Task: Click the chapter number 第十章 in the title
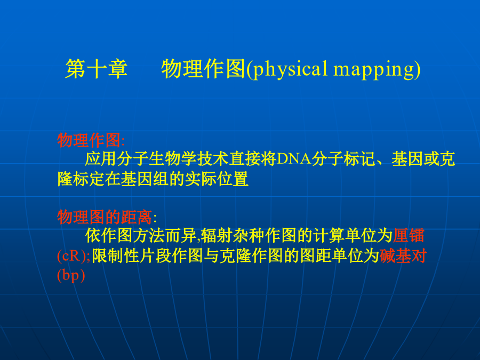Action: pos(97,69)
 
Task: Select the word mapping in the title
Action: pos(373,70)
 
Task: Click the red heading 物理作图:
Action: pos(91,140)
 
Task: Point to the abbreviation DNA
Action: pos(294,158)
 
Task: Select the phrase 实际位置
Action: pos(217,179)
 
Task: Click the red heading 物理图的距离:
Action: pos(107,217)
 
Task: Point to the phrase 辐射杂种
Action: pos(233,235)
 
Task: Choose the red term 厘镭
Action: pos(409,235)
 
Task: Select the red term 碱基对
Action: pos(403,255)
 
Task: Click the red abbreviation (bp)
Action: pos(71,275)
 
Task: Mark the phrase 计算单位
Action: pos(345,235)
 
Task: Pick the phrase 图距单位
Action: pos(332,255)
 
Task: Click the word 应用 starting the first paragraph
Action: pos(101,158)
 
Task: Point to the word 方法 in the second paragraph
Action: pos(149,235)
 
